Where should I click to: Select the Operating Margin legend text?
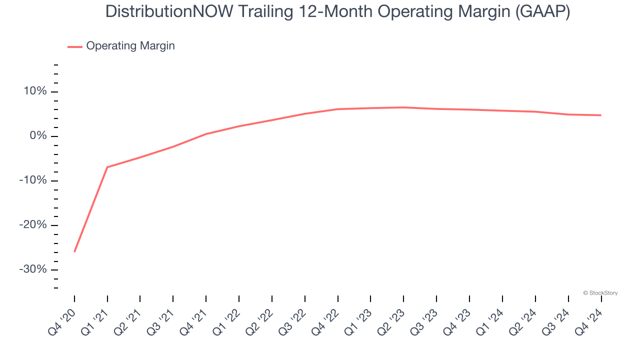(x=130, y=46)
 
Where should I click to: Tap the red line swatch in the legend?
(x=75, y=46)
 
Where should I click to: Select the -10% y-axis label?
(x=32, y=180)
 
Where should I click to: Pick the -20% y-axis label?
(x=32, y=225)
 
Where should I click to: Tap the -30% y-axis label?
(x=32, y=269)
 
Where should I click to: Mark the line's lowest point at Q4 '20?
(x=74, y=251)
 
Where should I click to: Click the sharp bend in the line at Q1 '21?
(x=107, y=167)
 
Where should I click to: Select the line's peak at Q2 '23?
(x=403, y=107)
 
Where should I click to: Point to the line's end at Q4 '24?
(x=600, y=115)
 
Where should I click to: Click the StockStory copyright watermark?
(x=600, y=293)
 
